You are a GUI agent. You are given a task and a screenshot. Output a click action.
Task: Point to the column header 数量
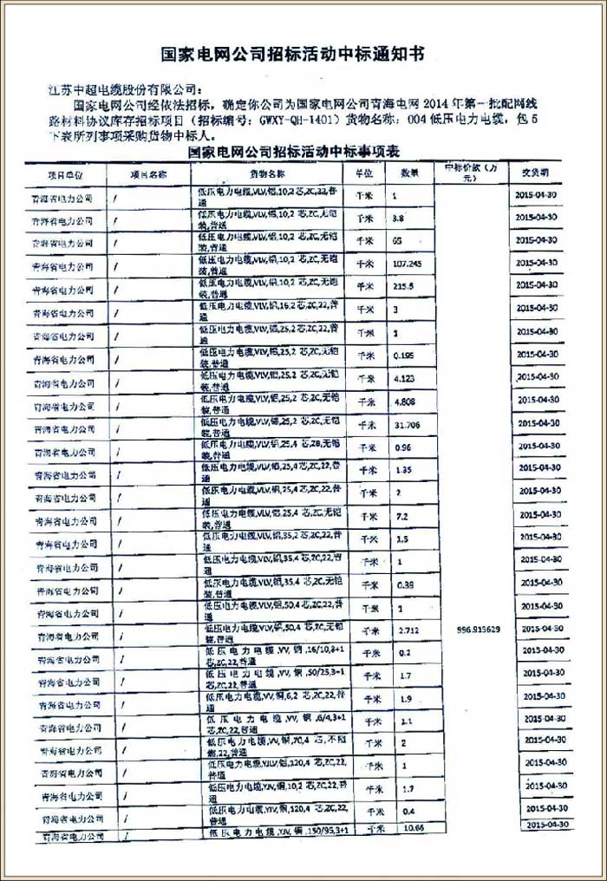click(409, 173)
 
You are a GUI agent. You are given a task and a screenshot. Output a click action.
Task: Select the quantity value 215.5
click(401, 286)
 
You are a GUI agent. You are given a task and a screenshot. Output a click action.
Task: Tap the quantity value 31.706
click(405, 425)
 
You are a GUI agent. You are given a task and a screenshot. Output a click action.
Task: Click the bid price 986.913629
click(476, 629)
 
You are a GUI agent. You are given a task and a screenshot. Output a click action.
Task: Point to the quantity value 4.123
click(402, 379)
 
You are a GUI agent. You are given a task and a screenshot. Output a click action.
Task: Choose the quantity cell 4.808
click(402, 401)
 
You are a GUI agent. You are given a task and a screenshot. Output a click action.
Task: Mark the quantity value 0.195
click(402, 356)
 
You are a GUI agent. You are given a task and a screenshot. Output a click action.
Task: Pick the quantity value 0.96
click(401, 449)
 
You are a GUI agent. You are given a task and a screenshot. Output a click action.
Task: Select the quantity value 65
click(398, 239)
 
